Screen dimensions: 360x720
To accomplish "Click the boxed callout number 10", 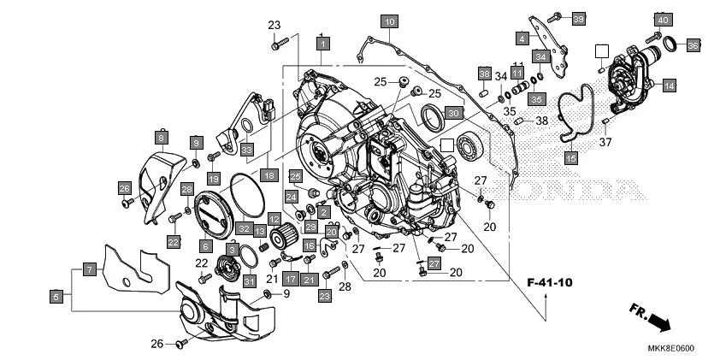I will point(388,21).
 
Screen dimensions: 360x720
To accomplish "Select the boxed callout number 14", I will point(669,86).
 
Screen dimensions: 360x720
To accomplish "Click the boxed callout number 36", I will point(693,44).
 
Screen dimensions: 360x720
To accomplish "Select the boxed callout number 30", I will point(453,113).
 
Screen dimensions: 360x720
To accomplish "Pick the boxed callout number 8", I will point(160,136).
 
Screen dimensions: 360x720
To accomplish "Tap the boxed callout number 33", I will point(247,150).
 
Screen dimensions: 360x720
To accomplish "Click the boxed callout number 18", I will point(269,174).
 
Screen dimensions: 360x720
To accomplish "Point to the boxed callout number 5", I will point(56,297).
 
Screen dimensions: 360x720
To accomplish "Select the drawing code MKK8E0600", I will point(671,348).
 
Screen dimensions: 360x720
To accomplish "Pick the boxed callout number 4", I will point(522,38).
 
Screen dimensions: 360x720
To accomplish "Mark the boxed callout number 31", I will point(250,280).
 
